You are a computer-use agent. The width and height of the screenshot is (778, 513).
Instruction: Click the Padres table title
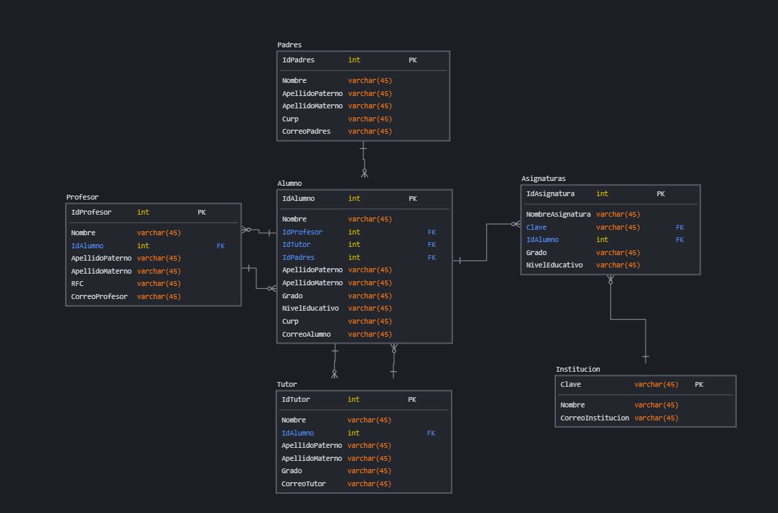[x=289, y=45]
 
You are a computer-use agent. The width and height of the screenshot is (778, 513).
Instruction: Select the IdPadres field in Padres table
[x=298, y=60]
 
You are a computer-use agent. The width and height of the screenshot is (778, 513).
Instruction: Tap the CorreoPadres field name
[x=306, y=132]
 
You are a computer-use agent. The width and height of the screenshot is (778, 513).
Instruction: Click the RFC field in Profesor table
[x=77, y=284]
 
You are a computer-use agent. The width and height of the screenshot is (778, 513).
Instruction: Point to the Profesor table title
[x=82, y=198]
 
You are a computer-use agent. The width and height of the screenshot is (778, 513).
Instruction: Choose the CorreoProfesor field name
[x=99, y=297]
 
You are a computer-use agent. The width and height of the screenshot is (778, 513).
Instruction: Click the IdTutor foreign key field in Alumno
[x=296, y=245]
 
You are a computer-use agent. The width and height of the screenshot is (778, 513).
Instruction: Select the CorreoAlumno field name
[x=306, y=335]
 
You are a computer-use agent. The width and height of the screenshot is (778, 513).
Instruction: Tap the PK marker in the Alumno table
[x=413, y=199]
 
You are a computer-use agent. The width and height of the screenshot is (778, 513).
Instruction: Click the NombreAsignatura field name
[x=558, y=215]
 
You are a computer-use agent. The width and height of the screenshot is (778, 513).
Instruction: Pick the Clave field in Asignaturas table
[x=536, y=228]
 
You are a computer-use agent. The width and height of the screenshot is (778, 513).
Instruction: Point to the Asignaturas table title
[x=544, y=179]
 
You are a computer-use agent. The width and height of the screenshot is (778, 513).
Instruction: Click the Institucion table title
[x=578, y=370]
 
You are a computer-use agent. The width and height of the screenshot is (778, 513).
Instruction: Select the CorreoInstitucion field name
[x=594, y=418]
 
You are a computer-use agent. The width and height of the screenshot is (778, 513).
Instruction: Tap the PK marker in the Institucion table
[x=698, y=385]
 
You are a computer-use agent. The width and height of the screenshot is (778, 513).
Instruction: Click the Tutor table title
[x=287, y=385]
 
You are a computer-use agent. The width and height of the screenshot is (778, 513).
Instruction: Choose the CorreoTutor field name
[x=303, y=484]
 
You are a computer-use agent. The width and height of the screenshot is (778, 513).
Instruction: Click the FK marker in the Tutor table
[x=431, y=433]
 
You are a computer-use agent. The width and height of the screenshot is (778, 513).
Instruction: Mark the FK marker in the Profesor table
[x=221, y=246]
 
